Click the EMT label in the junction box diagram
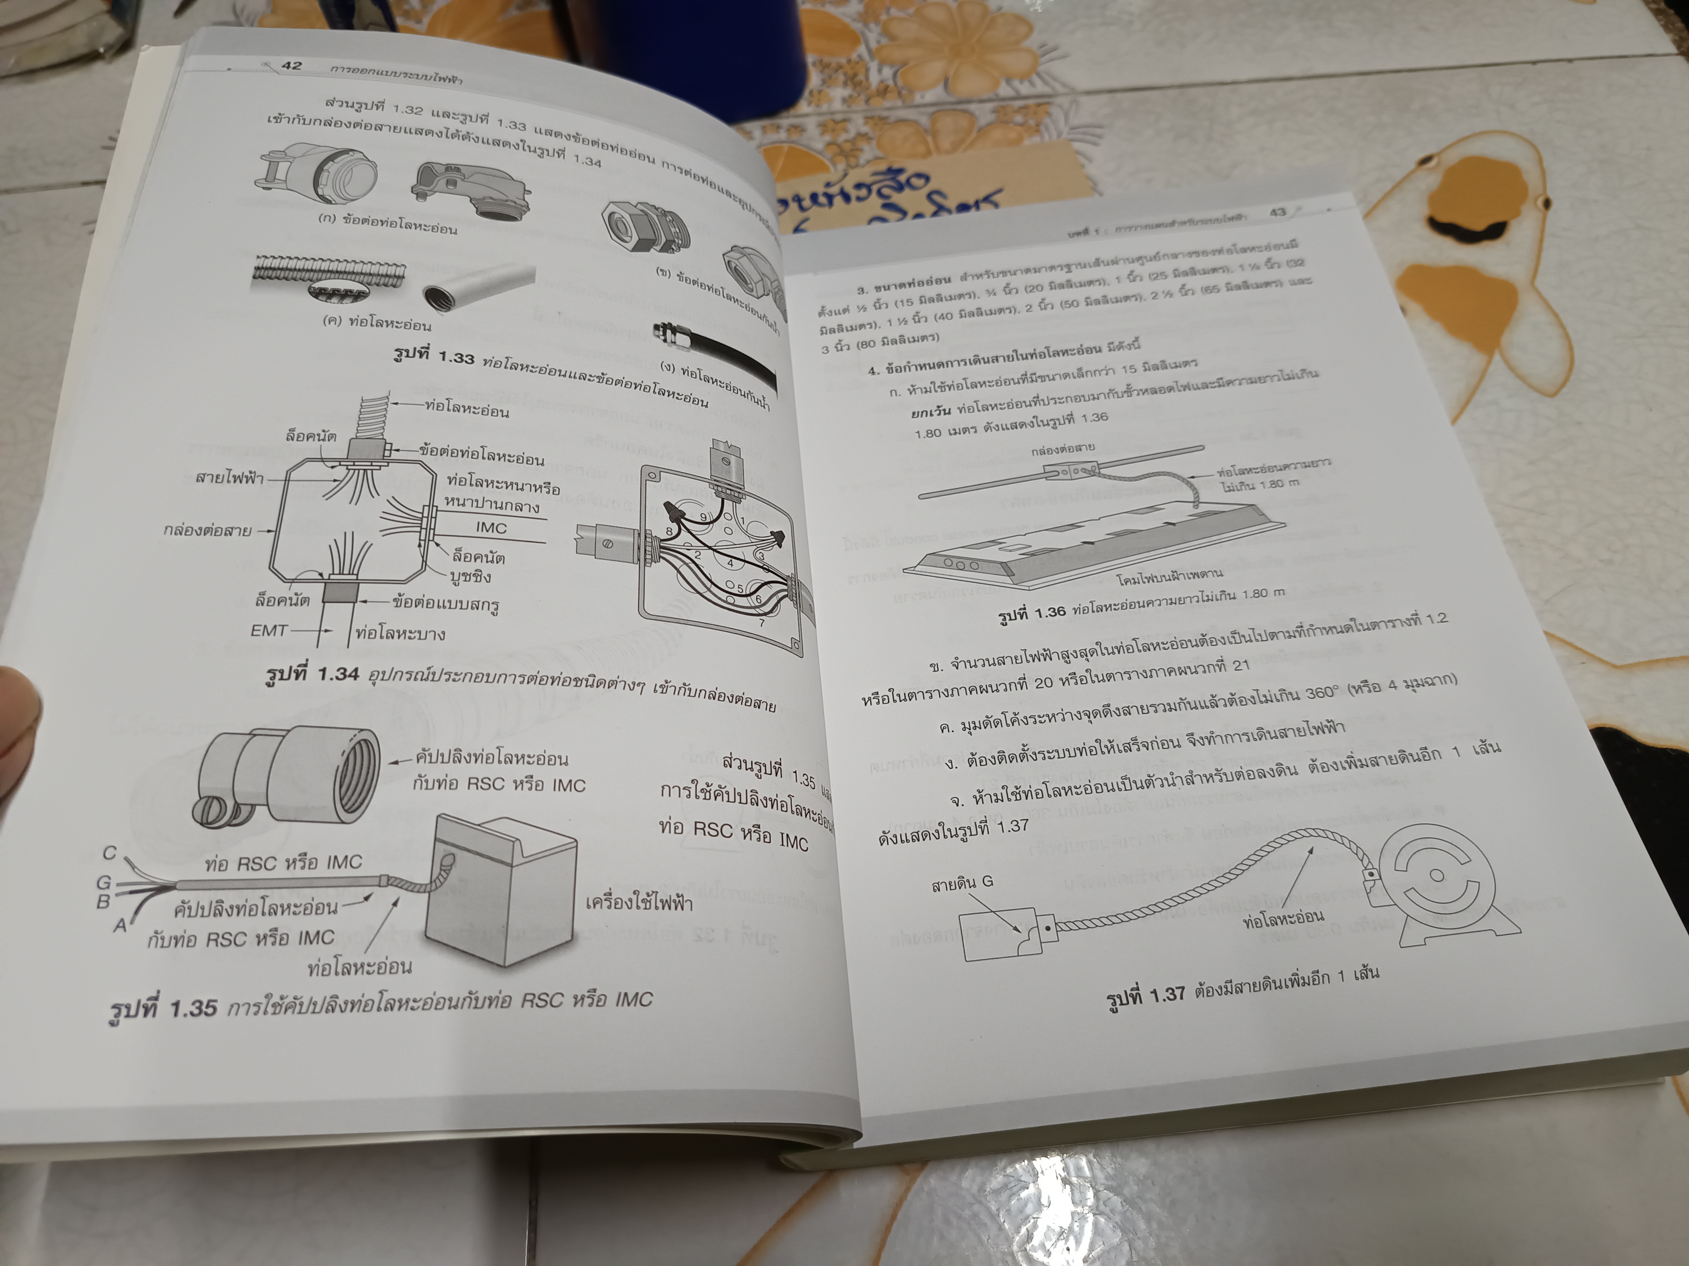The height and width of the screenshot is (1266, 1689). tap(269, 630)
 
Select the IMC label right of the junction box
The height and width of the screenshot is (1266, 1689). tap(491, 528)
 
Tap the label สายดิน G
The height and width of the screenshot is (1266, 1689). tap(962, 884)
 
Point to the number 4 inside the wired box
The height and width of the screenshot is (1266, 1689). tap(730, 563)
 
